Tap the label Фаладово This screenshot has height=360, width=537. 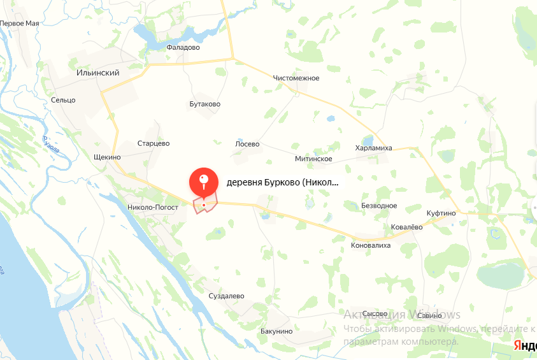pyautogui.click(x=183, y=47)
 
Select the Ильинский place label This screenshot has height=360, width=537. pyautogui.click(x=97, y=73)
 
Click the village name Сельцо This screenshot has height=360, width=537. pyautogui.click(x=63, y=100)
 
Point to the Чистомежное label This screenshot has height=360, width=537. pyautogui.click(x=296, y=78)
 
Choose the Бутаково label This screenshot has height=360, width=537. pyautogui.click(x=204, y=104)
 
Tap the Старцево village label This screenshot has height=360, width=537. pyautogui.click(x=154, y=143)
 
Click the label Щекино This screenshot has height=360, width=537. pyautogui.click(x=106, y=157)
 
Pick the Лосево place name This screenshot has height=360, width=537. pyautogui.click(x=247, y=144)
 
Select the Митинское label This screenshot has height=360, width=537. pyautogui.click(x=313, y=159)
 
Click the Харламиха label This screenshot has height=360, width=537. pyautogui.click(x=373, y=148)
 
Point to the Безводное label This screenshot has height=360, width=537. pyautogui.click(x=379, y=206)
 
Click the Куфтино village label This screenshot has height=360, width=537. pyautogui.click(x=441, y=213)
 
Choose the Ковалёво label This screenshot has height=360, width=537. pyautogui.click(x=406, y=227)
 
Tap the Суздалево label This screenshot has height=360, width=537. pyautogui.click(x=226, y=296)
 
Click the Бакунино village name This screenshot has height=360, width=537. pyautogui.click(x=276, y=331)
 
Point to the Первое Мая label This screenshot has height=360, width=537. pyautogui.click(x=20, y=24)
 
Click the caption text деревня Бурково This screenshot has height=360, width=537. pyautogui.click(x=282, y=182)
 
